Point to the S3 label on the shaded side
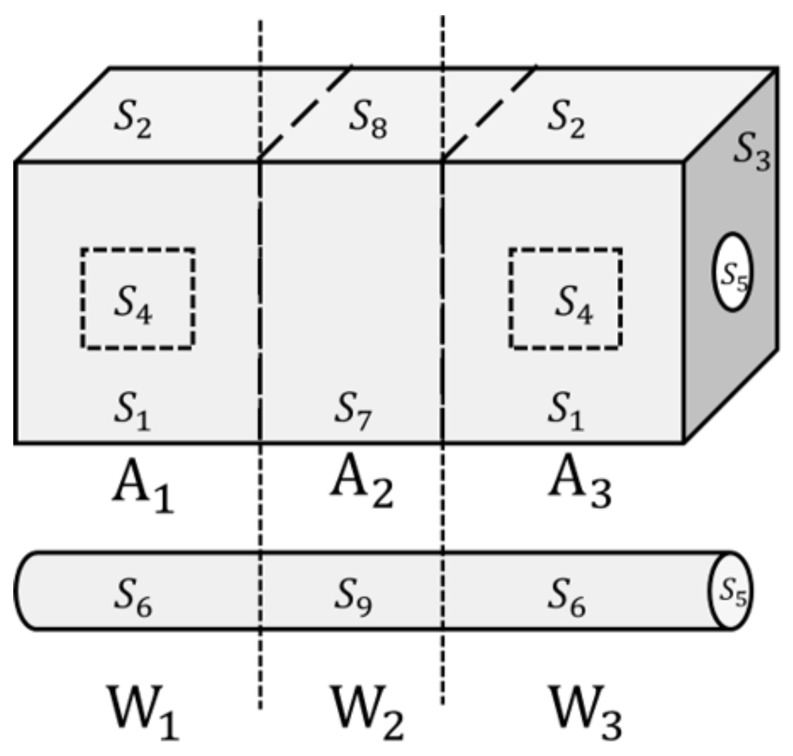(752, 152)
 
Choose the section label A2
(362, 484)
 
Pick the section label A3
(579, 484)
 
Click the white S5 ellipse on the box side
(732, 272)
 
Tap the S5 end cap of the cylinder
(731, 590)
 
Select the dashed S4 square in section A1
(137, 299)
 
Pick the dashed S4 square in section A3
(566, 299)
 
